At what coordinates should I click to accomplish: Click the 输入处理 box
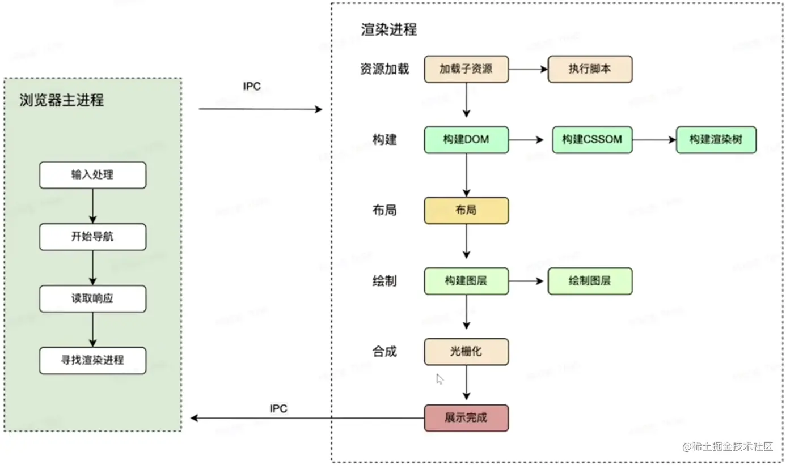coord(92,175)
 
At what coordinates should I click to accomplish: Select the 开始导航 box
coord(92,237)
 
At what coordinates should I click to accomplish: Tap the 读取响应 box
coord(92,298)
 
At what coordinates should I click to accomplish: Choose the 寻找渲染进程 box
coord(92,360)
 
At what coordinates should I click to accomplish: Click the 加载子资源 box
coord(466,69)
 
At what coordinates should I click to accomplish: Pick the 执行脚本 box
coord(590,69)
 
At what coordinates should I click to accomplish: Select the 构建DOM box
coord(466,139)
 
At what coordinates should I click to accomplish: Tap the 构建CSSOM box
coord(592,139)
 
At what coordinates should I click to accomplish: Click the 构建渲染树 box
coord(716,139)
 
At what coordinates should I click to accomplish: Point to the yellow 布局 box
coord(466,210)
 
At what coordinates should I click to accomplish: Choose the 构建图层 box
coord(466,281)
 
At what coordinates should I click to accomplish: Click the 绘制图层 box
coord(590,281)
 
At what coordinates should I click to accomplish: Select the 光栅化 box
coord(466,352)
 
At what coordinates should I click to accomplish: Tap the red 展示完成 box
coord(466,418)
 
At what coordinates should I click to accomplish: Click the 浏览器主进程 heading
coord(61,101)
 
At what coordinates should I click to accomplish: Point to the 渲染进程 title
coord(388,29)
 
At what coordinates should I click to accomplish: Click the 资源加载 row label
coord(384,69)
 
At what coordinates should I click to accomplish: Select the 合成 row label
coord(384,352)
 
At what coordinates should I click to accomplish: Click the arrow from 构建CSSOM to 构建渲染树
coord(653,139)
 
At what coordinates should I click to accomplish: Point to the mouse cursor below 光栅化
coord(440,379)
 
